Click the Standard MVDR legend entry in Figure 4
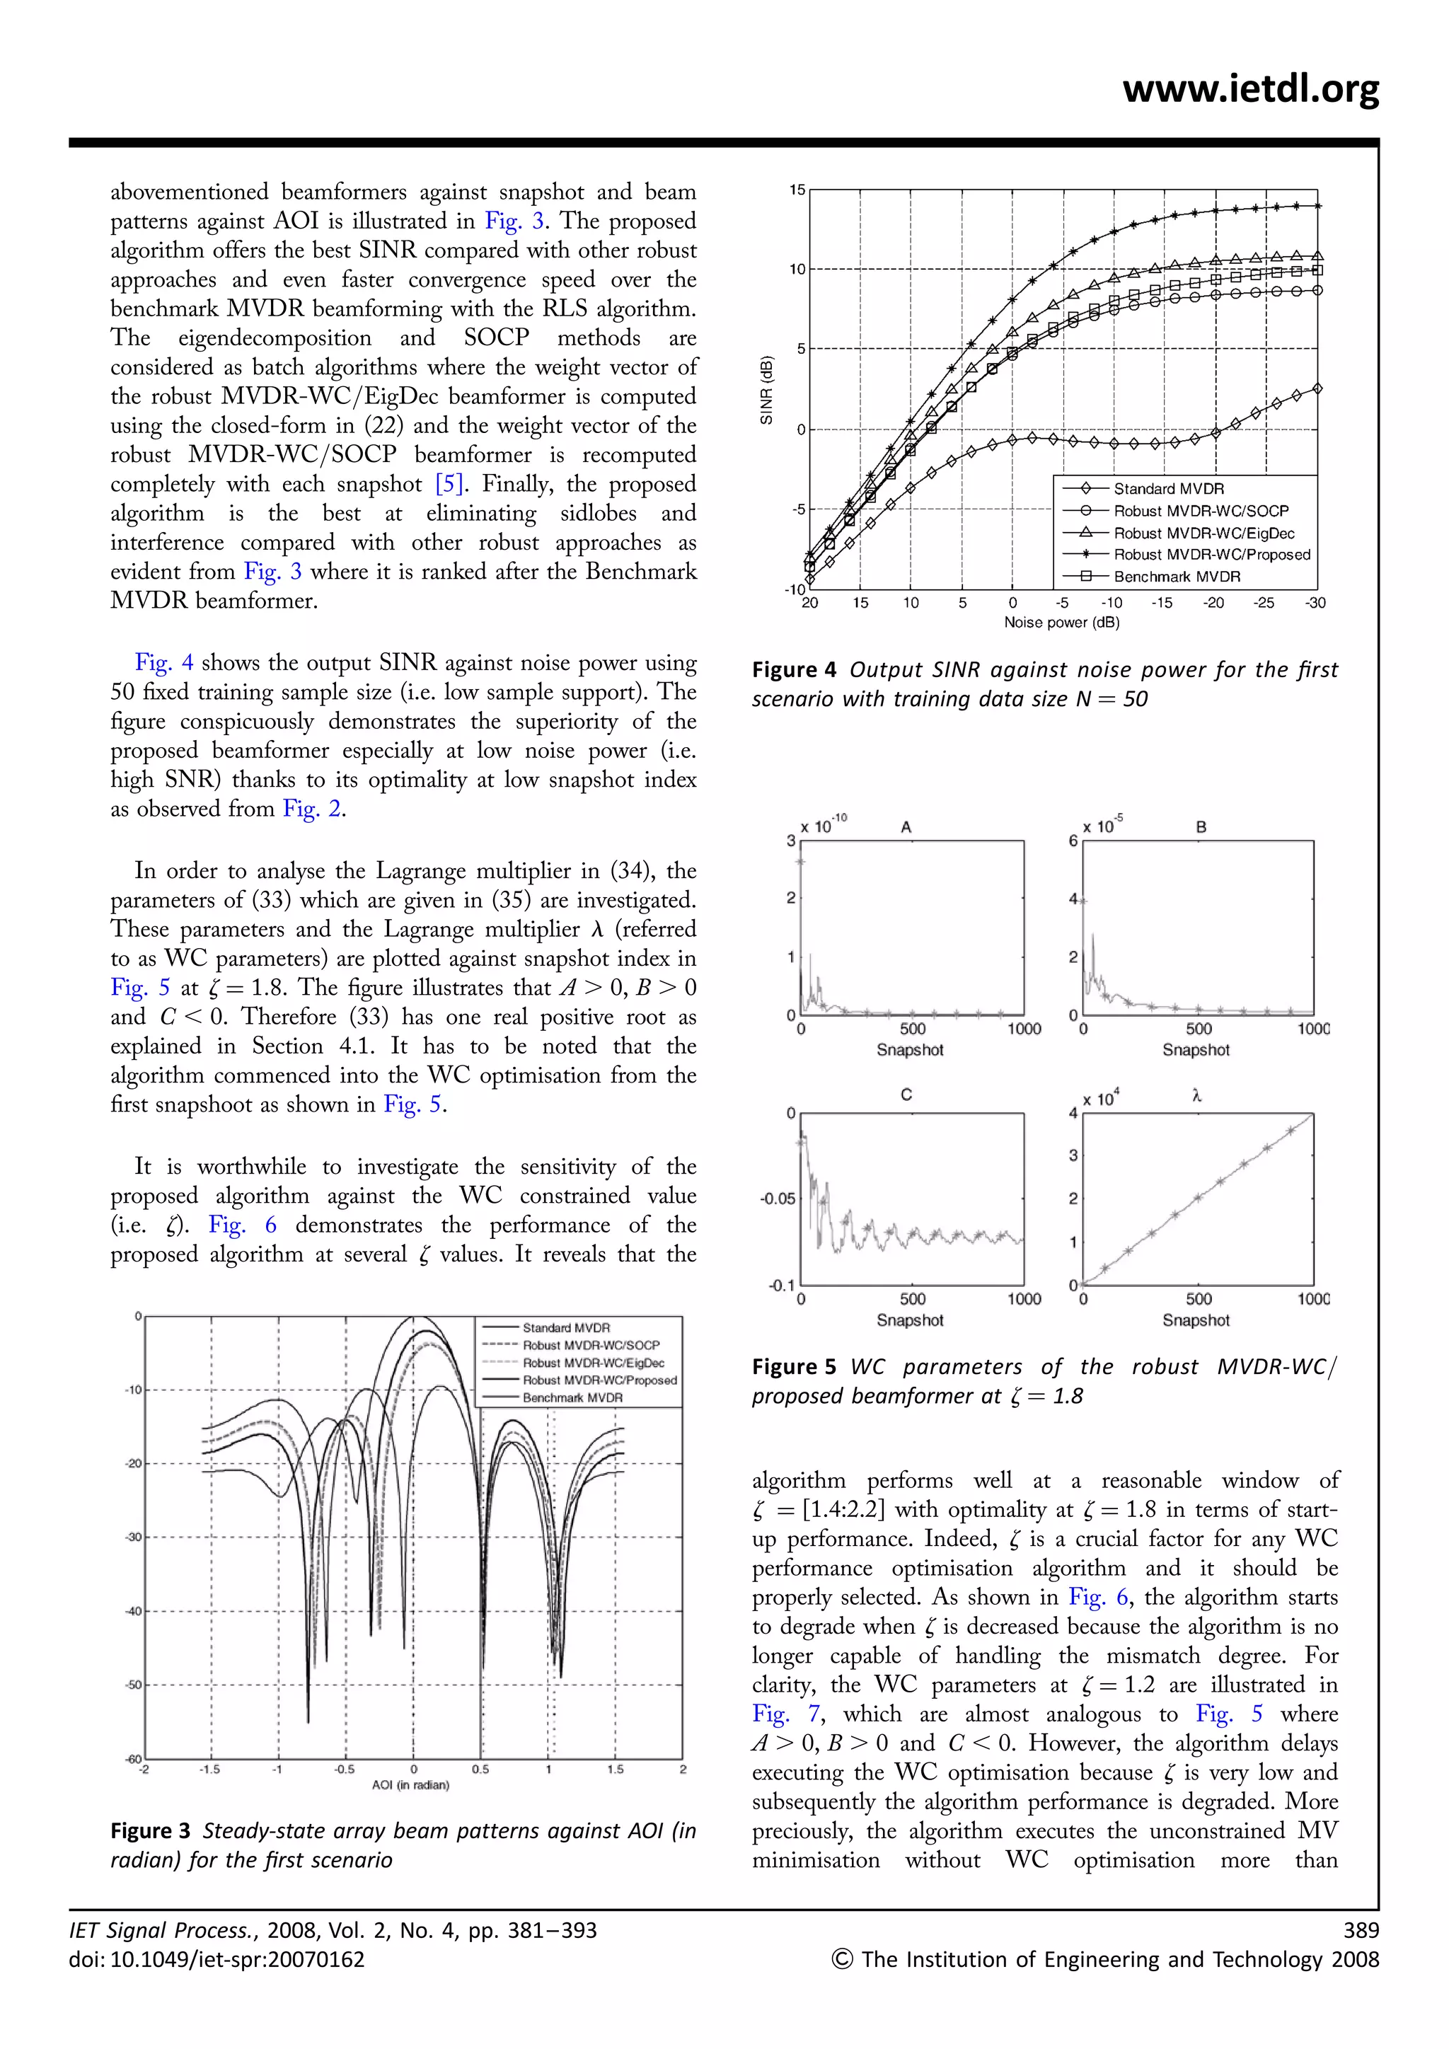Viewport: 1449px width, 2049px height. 1168,488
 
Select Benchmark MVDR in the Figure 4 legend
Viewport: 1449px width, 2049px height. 1176,577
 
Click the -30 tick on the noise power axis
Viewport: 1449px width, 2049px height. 1315,604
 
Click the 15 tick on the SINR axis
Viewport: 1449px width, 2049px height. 797,190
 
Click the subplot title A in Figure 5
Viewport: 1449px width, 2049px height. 906,827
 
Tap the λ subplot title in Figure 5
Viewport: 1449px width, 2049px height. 1196,1096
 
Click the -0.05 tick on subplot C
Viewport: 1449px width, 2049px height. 776,1199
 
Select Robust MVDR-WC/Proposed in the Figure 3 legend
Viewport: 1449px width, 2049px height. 599,1380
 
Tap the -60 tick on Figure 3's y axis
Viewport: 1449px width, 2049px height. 133,1759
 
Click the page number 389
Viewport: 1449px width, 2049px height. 1361,1930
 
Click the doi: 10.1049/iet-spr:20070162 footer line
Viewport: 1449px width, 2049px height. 217,1960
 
